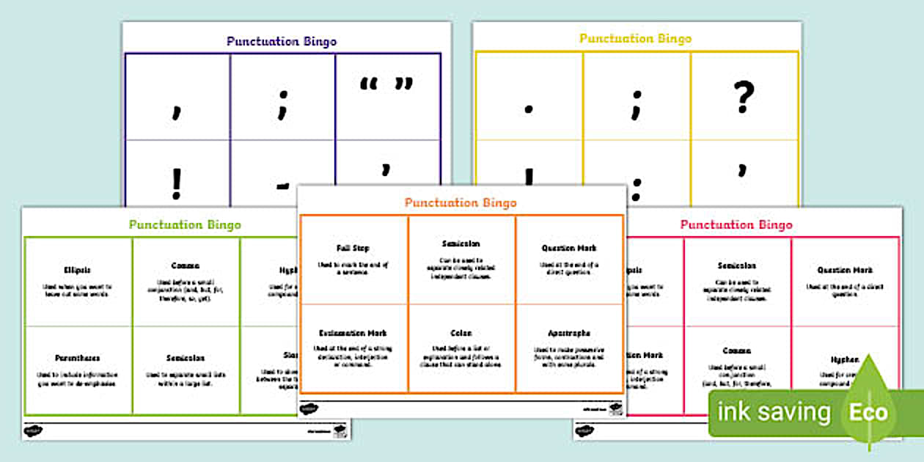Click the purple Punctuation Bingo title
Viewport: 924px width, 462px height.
(282, 41)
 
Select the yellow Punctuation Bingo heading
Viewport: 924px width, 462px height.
(635, 38)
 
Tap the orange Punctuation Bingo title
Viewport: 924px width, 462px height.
(461, 202)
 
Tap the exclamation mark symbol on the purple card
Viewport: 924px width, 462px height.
(176, 185)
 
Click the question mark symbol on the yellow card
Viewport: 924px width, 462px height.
(744, 97)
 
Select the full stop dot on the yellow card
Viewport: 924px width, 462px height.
(528, 111)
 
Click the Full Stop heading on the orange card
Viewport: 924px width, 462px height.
(353, 248)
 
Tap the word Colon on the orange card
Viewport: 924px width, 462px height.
(461, 333)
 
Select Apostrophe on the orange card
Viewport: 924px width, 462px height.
(569, 333)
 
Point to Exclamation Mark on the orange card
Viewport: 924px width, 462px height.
(353, 333)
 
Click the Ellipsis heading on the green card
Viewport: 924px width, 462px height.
(78, 270)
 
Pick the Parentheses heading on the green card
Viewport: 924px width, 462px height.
(78, 358)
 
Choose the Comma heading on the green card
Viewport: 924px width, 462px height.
(186, 265)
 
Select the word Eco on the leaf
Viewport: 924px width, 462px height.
(868, 412)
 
